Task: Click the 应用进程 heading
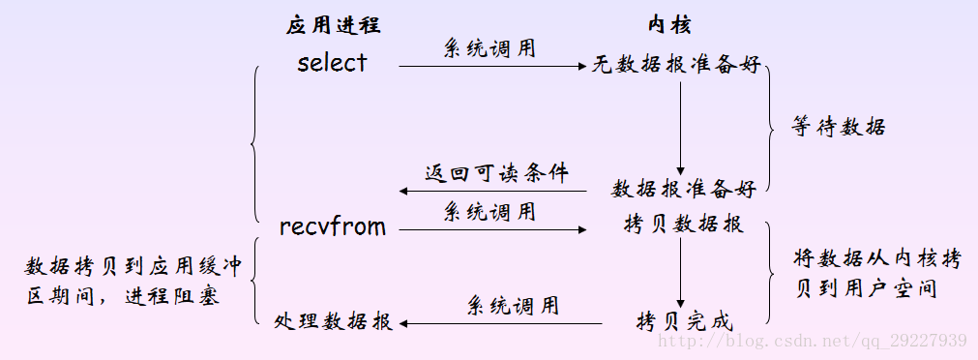pyautogui.click(x=332, y=26)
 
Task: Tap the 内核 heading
pyautogui.click(x=669, y=26)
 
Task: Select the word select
pyautogui.click(x=332, y=63)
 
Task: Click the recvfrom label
pyautogui.click(x=332, y=227)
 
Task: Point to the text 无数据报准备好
pyautogui.click(x=676, y=66)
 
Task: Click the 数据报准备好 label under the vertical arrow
pyautogui.click(x=683, y=187)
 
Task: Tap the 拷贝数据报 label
pyautogui.click(x=683, y=225)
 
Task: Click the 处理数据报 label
pyautogui.click(x=333, y=322)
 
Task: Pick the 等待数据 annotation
pyautogui.click(x=839, y=127)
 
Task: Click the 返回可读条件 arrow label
pyautogui.click(x=496, y=174)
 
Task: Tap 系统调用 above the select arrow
pyautogui.click(x=489, y=46)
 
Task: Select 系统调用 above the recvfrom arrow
pyautogui.click(x=489, y=210)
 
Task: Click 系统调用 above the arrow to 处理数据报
pyautogui.click(x=513, y=306)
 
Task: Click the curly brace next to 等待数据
pyautogui.click(x=771, y=126)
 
